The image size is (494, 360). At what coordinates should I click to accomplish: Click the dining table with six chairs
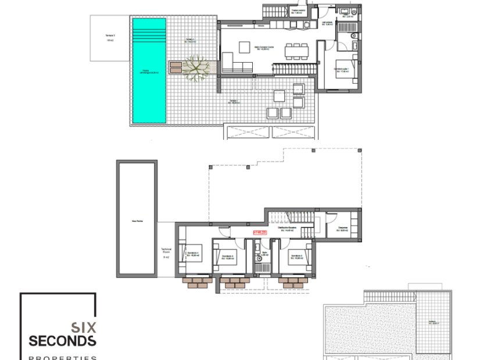point(296,51)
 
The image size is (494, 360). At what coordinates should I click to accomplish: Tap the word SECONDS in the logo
point(62,340)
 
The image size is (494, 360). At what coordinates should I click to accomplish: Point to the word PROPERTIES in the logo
point(62,357)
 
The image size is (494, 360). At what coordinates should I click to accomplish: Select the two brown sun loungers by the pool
point(176,66)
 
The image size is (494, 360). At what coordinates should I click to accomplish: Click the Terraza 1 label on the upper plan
point(233,101)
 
